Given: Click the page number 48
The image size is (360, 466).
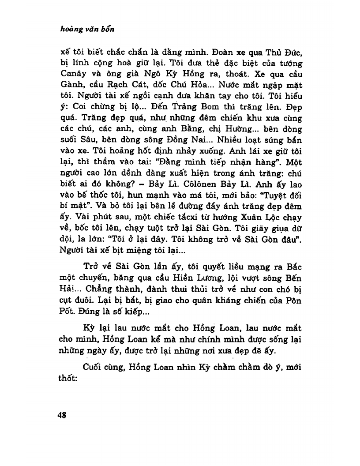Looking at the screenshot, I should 62,415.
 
